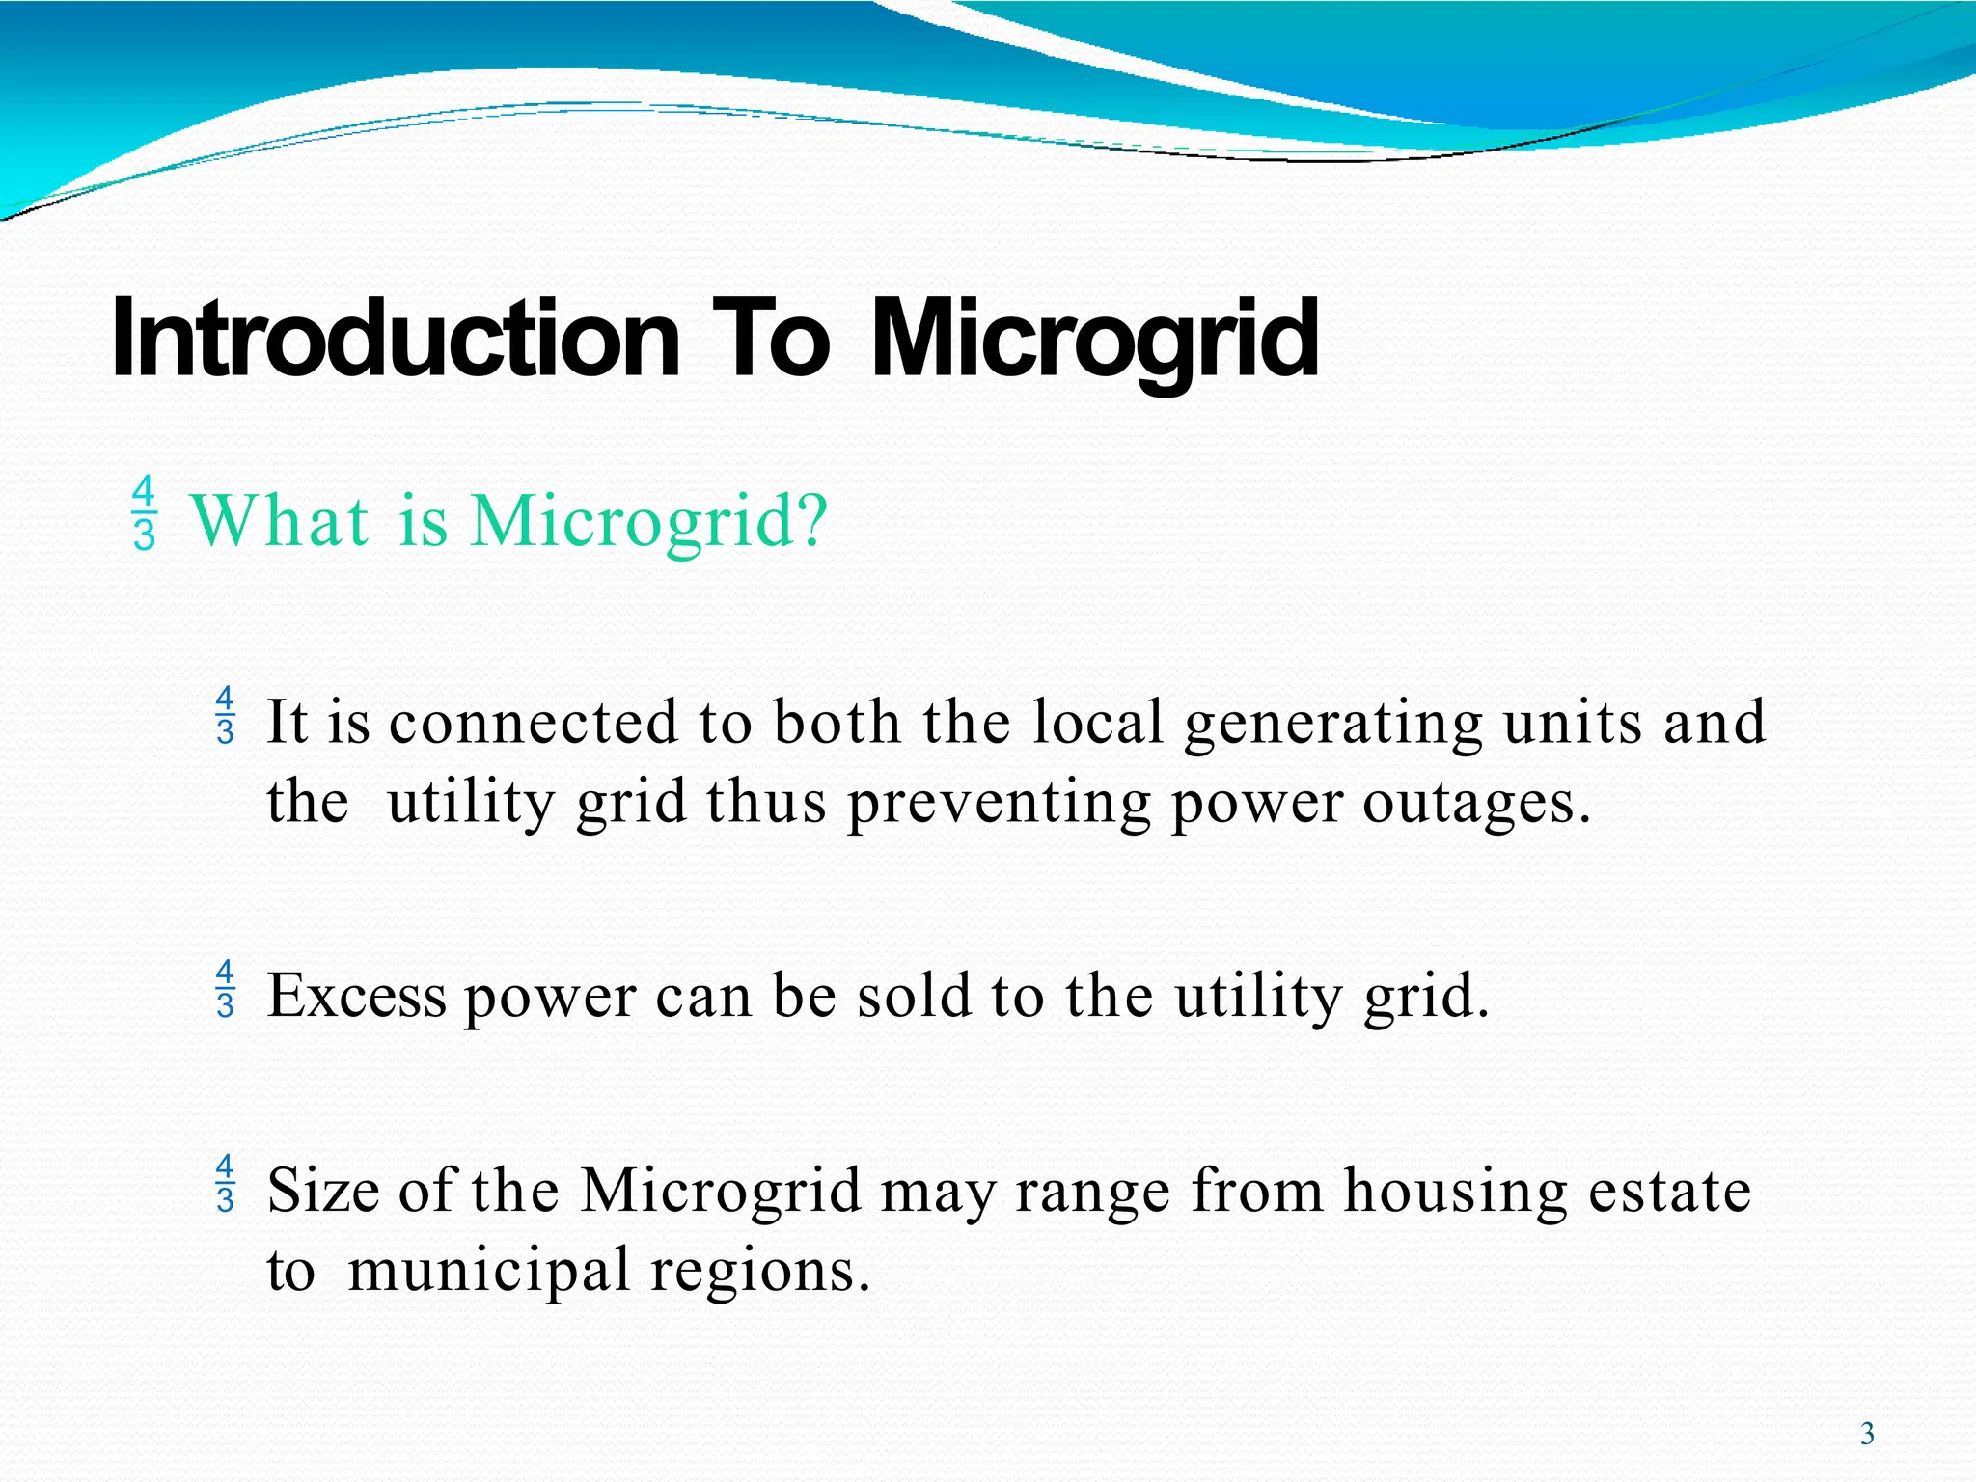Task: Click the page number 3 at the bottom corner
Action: point(1867,1434)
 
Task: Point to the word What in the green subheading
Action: point(281,521)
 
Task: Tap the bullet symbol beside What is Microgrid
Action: point(144,513)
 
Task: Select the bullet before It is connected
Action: point(225,715)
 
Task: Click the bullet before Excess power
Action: point(225,989)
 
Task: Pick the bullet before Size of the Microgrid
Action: point(225,1183)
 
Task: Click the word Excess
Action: point(356,996)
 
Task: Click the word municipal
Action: point(488,1272)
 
